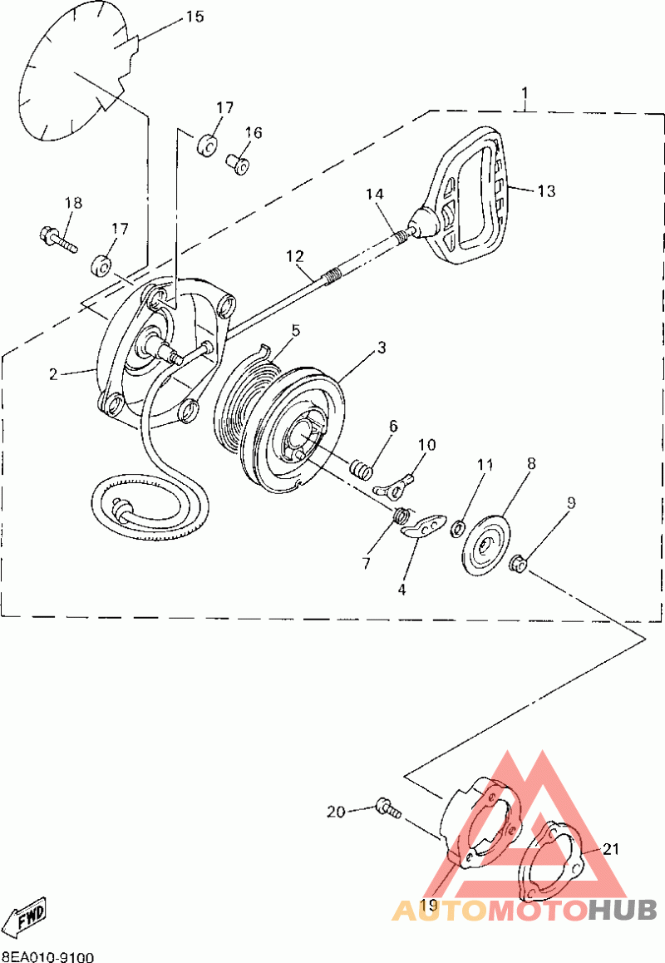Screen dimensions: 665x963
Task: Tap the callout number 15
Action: click(194, 17)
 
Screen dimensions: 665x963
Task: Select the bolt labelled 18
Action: click(56, 239)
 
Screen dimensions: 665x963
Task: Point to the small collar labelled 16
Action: click(238, 163)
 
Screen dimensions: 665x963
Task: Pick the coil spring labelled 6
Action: click(360, 468)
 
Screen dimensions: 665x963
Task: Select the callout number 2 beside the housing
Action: click(53, 374)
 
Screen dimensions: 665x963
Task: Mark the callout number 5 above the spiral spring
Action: click(294, 330)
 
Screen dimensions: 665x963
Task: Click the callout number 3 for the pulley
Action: click(381, 348)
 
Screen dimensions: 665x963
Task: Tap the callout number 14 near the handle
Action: click(375, 194)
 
